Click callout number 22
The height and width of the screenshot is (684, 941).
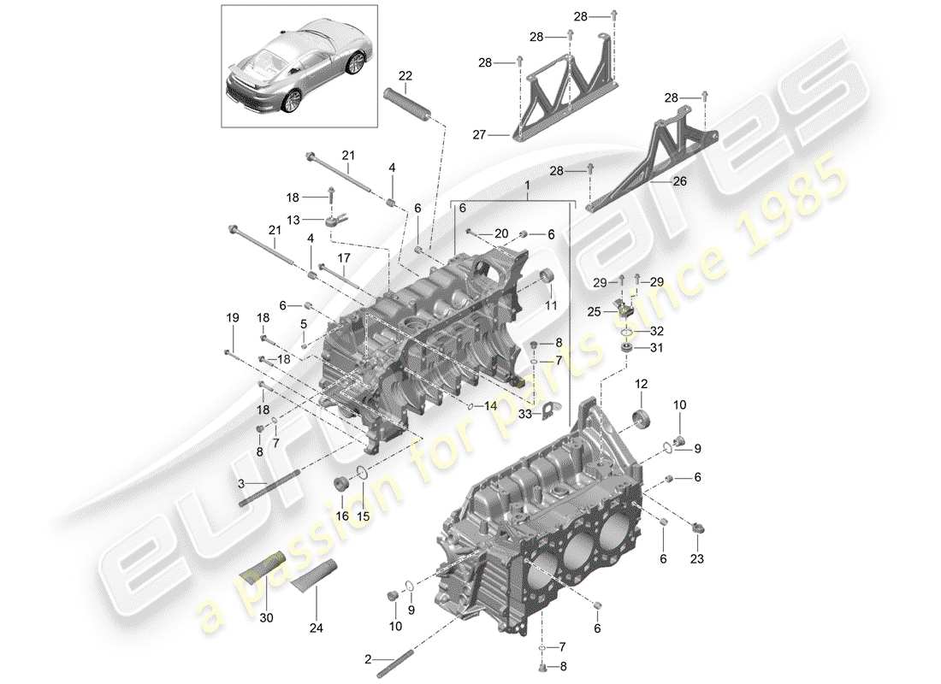pos(404,74)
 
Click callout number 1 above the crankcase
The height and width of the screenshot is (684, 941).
pos(527,185)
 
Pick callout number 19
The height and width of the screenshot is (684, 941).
pos(230,318)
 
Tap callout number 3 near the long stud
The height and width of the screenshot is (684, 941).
pos(242,484)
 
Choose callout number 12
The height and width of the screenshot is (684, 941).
pos(642,386)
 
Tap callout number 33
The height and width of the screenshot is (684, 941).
pos(525,414)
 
